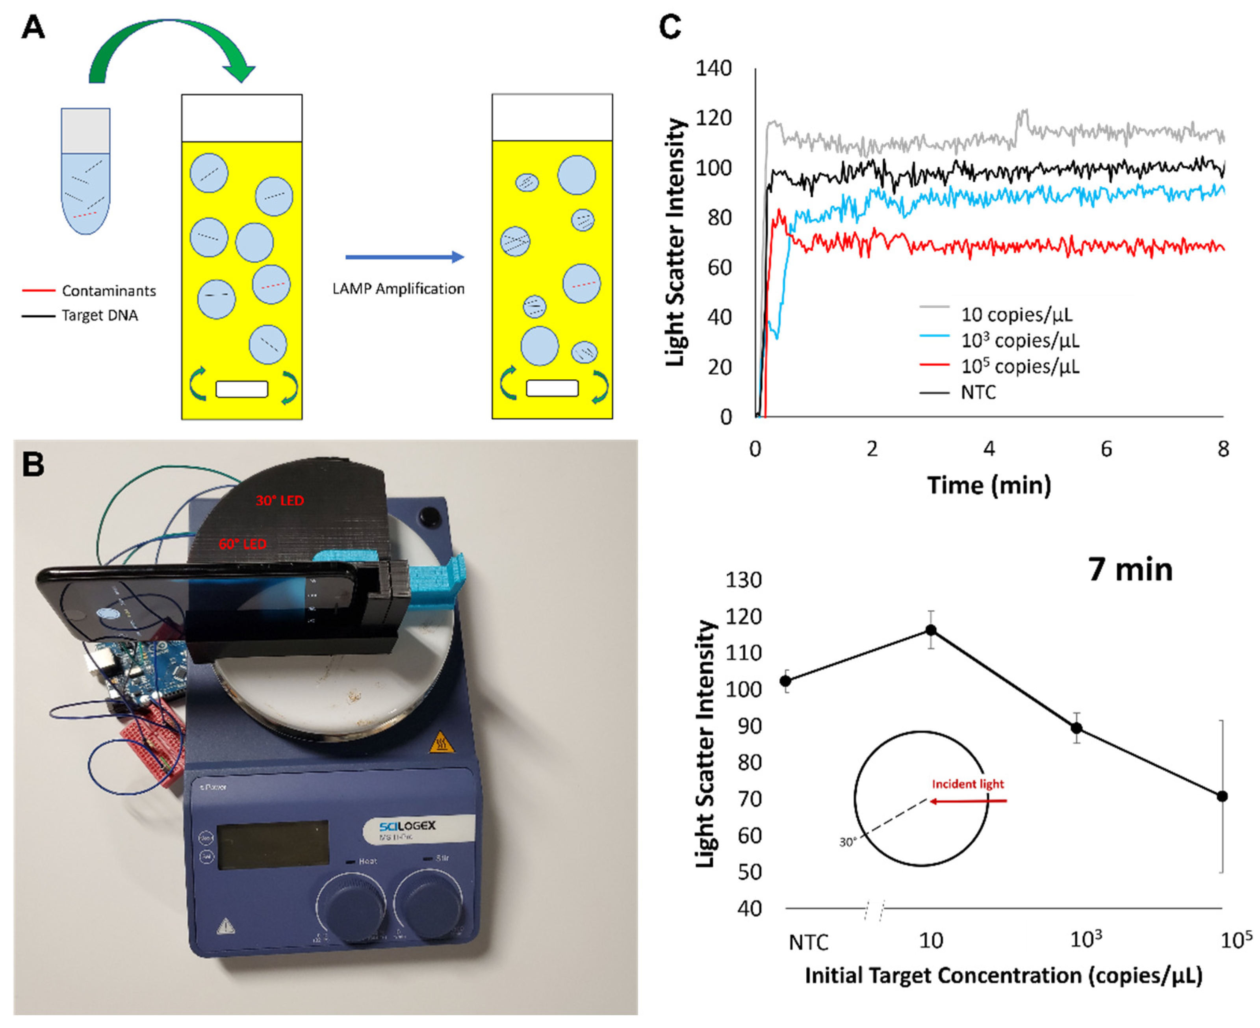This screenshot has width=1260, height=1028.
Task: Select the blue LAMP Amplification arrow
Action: pyautogui.click(x=405, y=257)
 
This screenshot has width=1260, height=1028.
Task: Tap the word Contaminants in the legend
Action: pyautogui.click(x=109, y=291)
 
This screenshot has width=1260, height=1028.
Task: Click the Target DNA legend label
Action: pyautogui.click(x=100, y=315)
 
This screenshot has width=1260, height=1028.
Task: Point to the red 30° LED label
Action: pyautogui.click(x=280, y=500)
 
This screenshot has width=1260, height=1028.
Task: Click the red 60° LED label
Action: pyautogui.click(x=242, y=544)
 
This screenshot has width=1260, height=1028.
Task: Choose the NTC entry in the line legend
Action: pyautogui.click(x=978, y=392)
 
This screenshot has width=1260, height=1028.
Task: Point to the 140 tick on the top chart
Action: pyautogui.click(x=713, y=68)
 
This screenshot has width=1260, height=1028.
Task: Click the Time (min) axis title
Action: pyautogui.click(x=989, y=485)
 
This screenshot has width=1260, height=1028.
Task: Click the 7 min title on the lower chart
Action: pyautogui.click(x=1130, y=570)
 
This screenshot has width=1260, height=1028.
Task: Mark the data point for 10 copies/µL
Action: pyautogui.click(x=931, y=630)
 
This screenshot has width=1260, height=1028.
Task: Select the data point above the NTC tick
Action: pyautogui.click(x=786, y=681)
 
